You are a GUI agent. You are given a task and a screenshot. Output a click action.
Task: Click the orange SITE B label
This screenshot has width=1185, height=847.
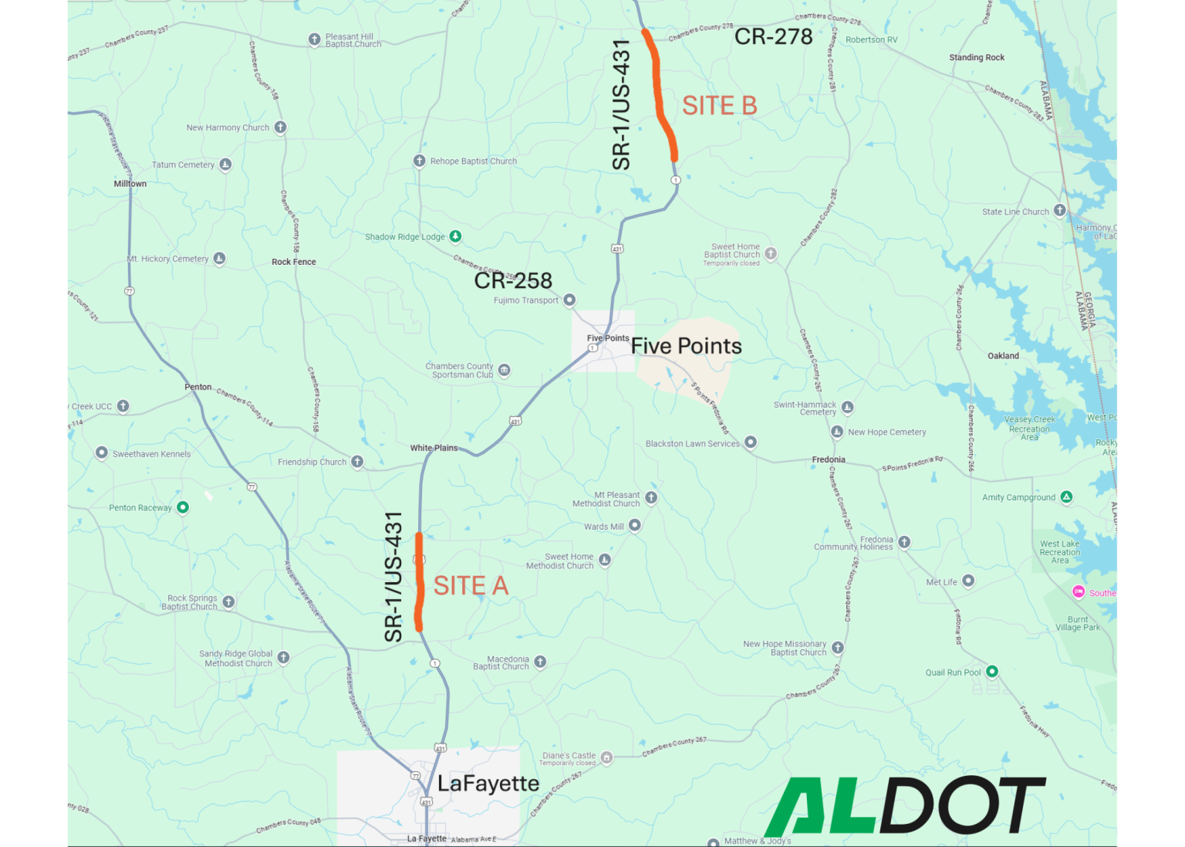point(719,106)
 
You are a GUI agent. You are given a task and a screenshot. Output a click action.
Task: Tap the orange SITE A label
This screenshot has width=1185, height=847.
point(471,586)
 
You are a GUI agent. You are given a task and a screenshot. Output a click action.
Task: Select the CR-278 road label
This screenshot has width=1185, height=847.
point(773,36)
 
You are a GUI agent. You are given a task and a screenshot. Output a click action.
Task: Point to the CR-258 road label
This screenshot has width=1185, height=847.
point(513,280)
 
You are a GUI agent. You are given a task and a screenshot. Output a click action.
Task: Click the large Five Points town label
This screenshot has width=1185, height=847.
point(686,346)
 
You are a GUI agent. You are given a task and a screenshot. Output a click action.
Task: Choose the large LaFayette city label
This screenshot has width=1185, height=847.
point(488,784)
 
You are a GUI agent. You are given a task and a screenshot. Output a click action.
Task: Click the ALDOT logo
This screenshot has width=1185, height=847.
point(905,805)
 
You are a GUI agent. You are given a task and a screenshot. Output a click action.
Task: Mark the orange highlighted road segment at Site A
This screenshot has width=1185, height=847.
point(420,583)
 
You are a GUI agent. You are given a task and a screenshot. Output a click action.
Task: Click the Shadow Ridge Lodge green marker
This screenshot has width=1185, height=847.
point(456,236)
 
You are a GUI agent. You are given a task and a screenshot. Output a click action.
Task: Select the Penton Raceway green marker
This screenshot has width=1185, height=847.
point(183,507)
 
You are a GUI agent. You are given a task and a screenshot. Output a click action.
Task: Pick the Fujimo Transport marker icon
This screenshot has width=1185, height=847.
point(569,300)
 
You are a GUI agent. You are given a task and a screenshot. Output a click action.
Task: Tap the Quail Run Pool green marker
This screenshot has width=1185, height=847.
point(992,672)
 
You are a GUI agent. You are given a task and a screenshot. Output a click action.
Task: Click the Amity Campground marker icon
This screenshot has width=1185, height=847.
point(1066,497)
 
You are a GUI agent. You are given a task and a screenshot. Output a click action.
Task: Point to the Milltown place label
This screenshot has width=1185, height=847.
point(130,184)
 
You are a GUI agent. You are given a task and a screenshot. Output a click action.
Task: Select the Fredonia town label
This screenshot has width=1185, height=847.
point(829,459)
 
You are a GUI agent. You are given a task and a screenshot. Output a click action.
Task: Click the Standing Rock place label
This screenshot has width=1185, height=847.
point(977,57)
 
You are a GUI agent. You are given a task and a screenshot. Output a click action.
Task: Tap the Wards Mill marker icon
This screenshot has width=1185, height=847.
point(635,526)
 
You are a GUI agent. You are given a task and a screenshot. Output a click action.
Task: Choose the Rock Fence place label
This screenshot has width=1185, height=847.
point(293,262)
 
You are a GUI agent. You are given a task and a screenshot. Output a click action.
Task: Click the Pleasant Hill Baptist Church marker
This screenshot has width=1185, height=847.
point(314,39)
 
